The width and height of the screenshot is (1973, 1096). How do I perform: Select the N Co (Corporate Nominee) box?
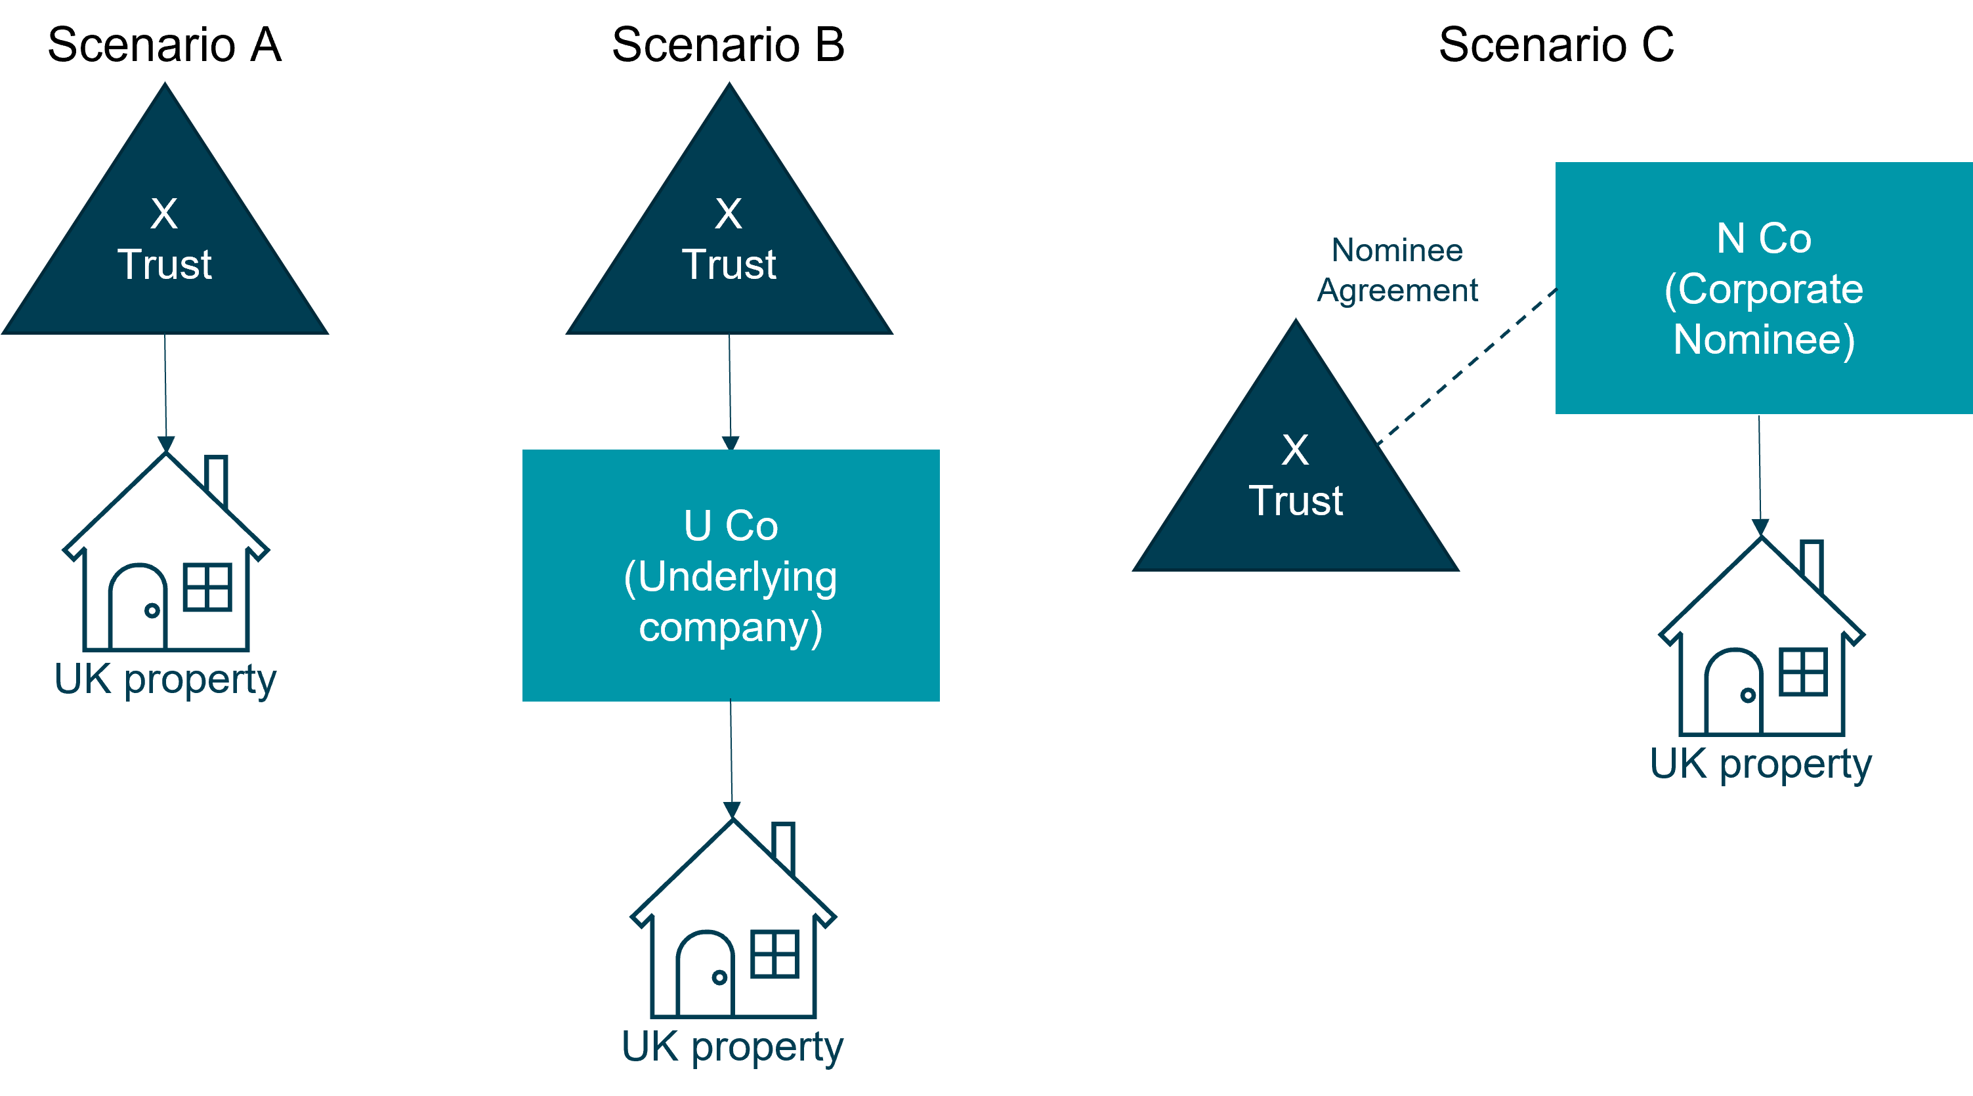1763,288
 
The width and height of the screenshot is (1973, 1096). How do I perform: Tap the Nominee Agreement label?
1397,270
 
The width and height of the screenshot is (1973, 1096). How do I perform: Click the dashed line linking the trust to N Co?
1467,366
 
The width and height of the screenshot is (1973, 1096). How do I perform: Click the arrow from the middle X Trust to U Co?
729,390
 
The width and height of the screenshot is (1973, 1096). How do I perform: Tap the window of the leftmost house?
207,587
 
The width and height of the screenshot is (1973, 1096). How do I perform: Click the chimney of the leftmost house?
217,478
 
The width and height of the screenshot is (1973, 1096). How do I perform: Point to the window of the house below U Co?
774,954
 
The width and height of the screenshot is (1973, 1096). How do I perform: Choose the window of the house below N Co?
1803,671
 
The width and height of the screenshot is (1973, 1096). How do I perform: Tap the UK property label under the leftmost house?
165,679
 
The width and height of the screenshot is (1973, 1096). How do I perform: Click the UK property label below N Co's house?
1760,764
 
